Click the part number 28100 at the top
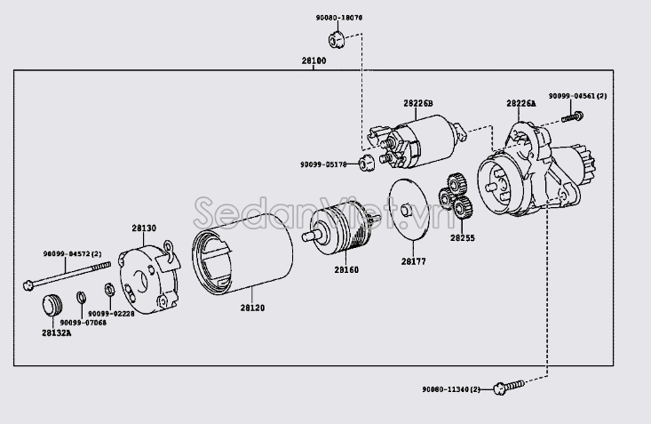(x=314, y=60)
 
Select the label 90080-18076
(x=338, y=17)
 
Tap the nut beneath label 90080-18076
(x=337, y=38)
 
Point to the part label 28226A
(x=521, y=103)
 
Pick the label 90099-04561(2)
(x=576, y=96)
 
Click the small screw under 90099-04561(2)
(x=576, y=115)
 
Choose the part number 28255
(x=462, y=238)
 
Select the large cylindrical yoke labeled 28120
(x=243, y=252)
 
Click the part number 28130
(x=144, y=228)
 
